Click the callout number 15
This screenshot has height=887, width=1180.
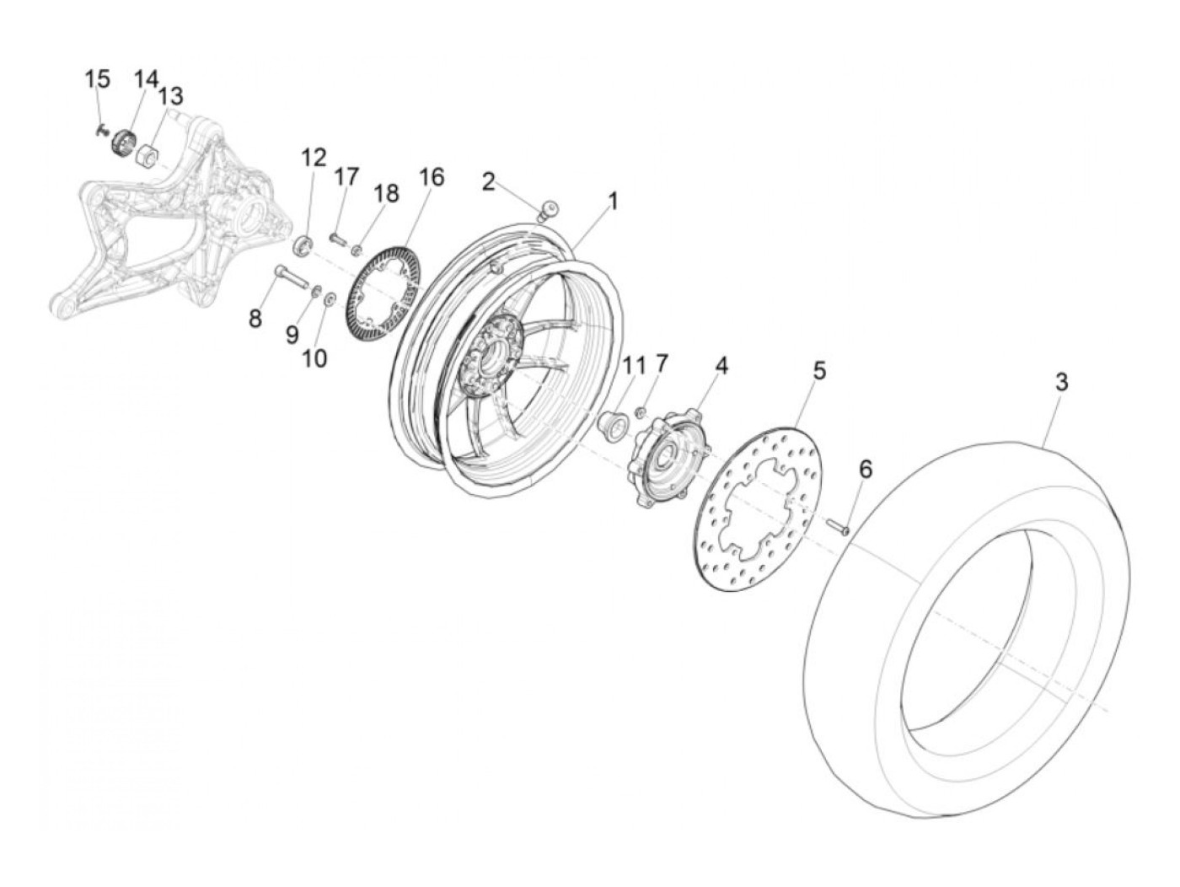click(97, 79)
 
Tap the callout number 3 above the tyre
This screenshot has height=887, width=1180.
click(1062, 382)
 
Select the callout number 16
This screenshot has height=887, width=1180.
click(431, 177)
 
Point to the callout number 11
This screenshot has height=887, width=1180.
click(633, 365)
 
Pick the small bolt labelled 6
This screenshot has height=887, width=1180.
click(838, 527)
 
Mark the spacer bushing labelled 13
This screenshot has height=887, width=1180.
click(151, 155)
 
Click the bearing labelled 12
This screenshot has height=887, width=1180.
click(304, 245)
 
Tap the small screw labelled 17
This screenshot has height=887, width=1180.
click(336, 239)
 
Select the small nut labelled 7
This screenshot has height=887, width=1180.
click(641, 411)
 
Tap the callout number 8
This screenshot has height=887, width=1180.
click(255, 318)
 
